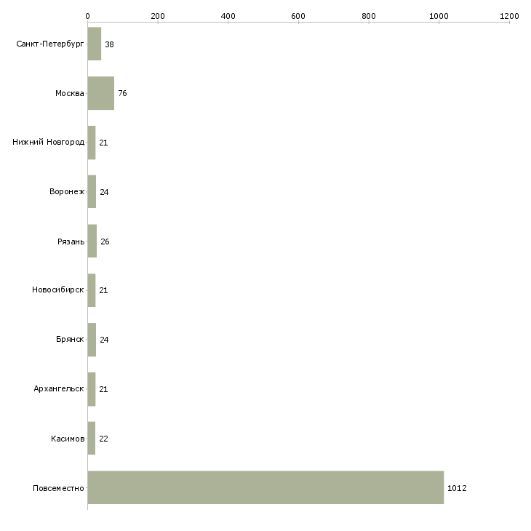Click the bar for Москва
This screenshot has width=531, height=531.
tap(101, 93)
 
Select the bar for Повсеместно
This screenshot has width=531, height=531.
tap(265, 487)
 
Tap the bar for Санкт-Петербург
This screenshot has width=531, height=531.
tap(95, 44)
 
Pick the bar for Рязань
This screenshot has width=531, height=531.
tap(92, 241)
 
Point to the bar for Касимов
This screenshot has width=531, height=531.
tap(92, 438)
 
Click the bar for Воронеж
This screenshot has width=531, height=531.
tap(92, 192)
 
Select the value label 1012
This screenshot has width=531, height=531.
tap(457, 488)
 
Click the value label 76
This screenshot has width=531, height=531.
tap(122, 93)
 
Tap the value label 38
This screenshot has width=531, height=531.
tap(109, 44)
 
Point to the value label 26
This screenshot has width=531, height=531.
tap(105, 241)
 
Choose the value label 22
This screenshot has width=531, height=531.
tap(103, 439)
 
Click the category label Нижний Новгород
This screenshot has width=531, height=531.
tap(48, 143)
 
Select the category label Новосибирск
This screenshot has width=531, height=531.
tap(58, 290)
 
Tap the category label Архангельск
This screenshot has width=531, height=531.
tap(59, 388)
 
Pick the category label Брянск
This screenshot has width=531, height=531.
tap(70, 339)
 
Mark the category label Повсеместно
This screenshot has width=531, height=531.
tap(58, 488)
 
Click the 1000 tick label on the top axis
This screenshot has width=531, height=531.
tap(439, 16)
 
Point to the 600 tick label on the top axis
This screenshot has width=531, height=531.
tap(298, 16)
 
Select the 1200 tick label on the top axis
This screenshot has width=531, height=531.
tap(509, 16)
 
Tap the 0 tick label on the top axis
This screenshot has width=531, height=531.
tap(88, 16)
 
